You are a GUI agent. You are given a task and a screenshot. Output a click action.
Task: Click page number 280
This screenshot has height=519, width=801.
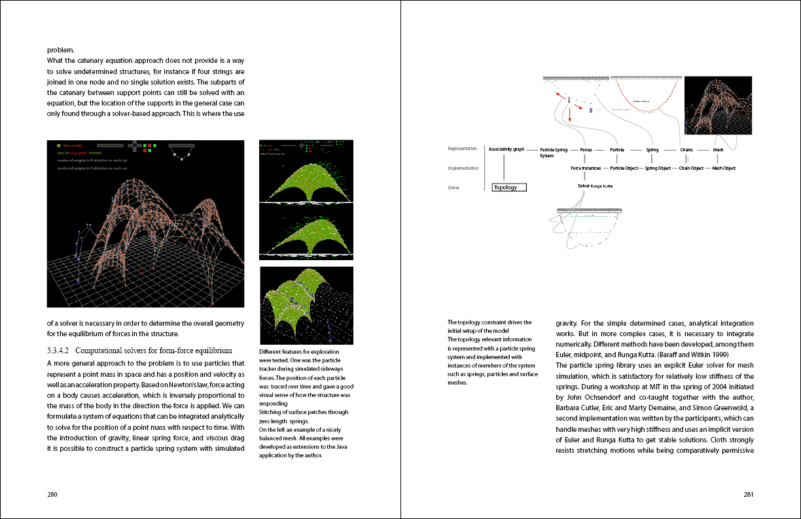pos(52,495)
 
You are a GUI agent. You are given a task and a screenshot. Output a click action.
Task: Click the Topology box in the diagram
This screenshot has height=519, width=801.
pos(508,187)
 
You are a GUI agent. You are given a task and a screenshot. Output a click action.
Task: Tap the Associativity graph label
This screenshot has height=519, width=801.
pos(507,149)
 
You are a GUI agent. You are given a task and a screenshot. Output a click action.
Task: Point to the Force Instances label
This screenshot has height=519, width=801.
pos(586,168)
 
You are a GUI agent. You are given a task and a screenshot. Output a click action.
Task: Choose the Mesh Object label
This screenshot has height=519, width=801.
pos(724,168)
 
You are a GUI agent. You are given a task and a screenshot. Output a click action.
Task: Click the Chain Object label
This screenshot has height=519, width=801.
pos(691,168)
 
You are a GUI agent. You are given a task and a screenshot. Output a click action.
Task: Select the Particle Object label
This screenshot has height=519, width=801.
pos(623,168)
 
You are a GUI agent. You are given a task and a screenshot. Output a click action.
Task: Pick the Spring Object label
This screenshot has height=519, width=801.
pos(658,168)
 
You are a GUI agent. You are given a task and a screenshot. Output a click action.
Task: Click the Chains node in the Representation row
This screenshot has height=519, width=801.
pos(686,150)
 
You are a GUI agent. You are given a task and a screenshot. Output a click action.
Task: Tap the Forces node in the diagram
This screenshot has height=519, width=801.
pos(586,150)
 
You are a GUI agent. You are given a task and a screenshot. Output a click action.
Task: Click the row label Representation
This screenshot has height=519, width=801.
pos(462,149)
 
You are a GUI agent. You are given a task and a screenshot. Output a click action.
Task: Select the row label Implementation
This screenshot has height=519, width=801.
pos(463,168)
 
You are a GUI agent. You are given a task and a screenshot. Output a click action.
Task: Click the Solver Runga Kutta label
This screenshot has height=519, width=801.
pos(596,186)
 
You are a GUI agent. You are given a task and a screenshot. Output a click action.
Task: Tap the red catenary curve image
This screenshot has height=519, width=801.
pos(646,96)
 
